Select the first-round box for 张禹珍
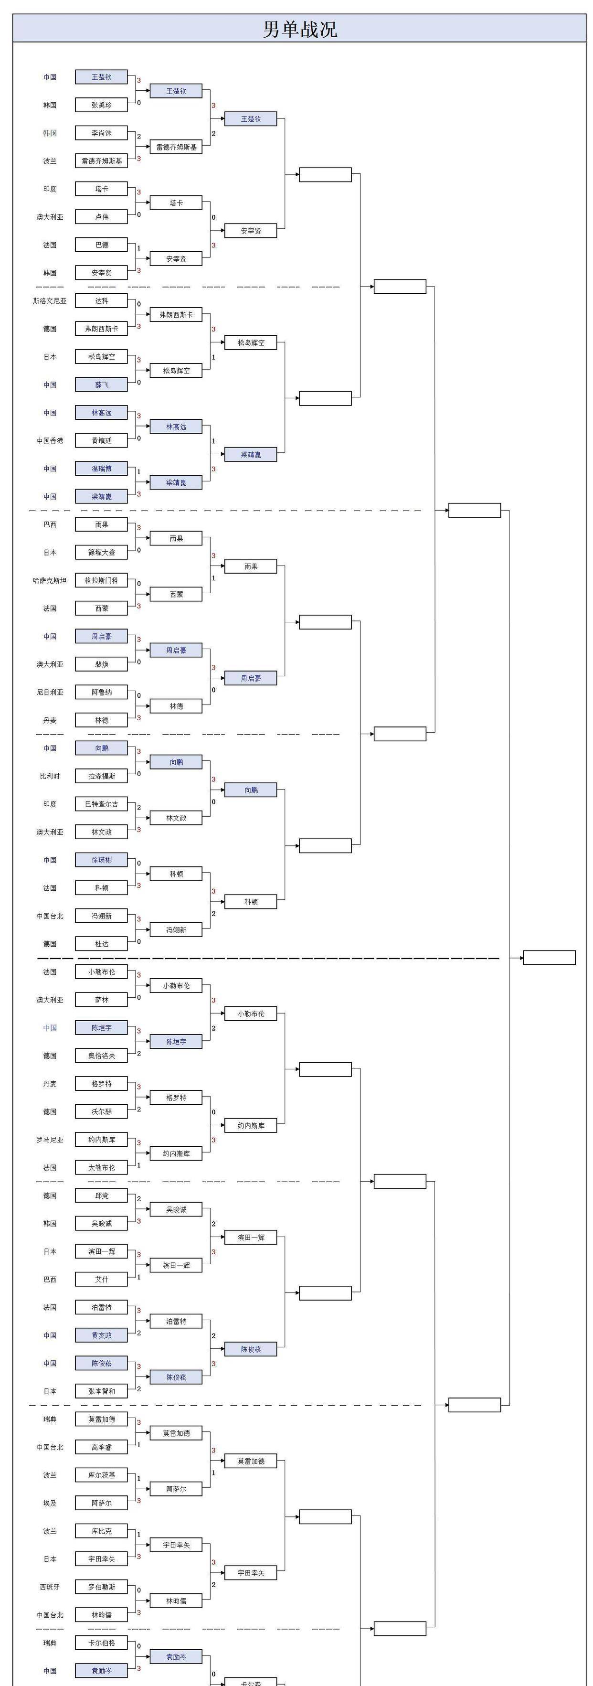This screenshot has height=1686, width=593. (101, 105)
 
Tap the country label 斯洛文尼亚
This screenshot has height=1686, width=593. (50, 301)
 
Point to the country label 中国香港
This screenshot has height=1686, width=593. (50, 440)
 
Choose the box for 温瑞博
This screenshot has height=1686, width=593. (101, 469)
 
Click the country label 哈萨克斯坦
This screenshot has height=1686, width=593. (50, 580)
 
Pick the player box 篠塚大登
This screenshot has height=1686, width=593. (101, 553)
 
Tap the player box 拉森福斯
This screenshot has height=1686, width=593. (101, 776)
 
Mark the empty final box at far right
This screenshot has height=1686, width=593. (549, 958)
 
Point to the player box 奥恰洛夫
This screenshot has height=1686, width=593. (101, 1056)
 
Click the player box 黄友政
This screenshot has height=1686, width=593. (101, 1335)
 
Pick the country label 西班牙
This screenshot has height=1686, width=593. (50, 1587)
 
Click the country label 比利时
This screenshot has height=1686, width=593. (50, 776)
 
